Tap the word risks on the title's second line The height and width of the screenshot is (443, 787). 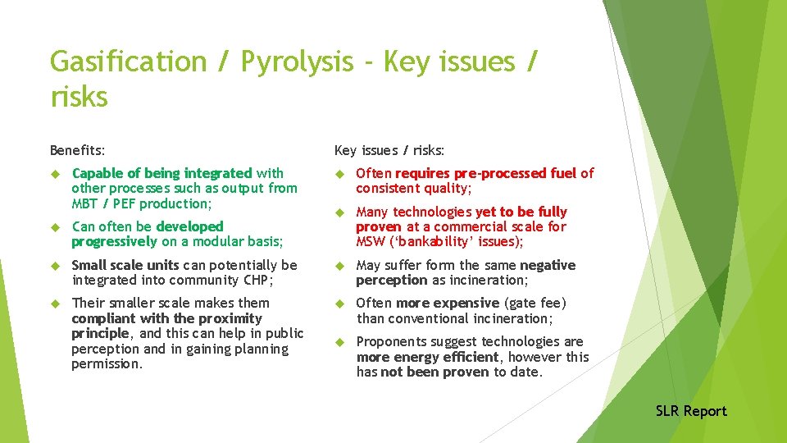pyautogui.click(x=79, y=98)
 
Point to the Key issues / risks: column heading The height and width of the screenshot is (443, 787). pyautogui.click(x=389, y=150)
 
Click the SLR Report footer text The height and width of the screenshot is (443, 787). pyautogui.click(x=690, y=411)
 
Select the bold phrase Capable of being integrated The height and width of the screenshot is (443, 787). pyautogui.click(x=162, y=173)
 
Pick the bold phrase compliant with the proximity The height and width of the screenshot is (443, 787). pyautogui.click(x=167, y=318)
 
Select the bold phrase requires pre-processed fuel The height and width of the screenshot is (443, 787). pyautogui.click(x=486, y=173)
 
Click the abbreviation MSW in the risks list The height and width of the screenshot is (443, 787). pyautogui.click(x=370, y=242)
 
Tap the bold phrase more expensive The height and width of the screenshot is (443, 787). pyautogui.click(x=448, y=303)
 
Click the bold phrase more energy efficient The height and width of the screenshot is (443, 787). pyautogui.click(x=427, y=357)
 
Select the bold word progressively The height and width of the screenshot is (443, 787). pyautogui.click(x=114, y=241)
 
